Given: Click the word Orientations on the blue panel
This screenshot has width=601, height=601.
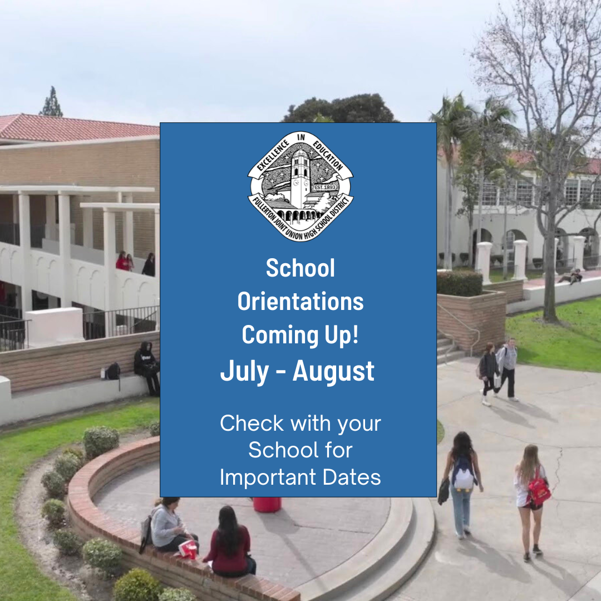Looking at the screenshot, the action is [x=300, y=301].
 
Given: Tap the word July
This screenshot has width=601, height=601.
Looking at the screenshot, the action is [x=244, y=371].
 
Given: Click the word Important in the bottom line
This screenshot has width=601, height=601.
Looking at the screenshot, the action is [x=268, y=478].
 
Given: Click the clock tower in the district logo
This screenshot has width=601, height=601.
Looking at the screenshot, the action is [x=300, y=179].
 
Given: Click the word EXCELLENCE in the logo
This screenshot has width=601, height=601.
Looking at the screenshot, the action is [x=273, y=155].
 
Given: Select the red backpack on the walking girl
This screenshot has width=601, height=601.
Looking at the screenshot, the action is [x=539, y=489].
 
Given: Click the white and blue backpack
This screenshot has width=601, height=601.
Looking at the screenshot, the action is [x=463, y=475].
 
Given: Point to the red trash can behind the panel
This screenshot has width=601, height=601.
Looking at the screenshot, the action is [x=267, y=504].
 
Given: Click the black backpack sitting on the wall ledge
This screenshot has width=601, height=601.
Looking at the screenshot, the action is [x=113, y=371].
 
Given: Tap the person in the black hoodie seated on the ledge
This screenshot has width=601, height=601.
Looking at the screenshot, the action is [x=147, y=367].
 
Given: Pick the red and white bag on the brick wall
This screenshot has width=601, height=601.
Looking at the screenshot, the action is [x=188, y=549].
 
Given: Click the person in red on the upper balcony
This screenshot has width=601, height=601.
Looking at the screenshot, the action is [x=122, y=261].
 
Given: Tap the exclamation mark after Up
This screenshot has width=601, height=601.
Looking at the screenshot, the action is [x=355, y=334].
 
